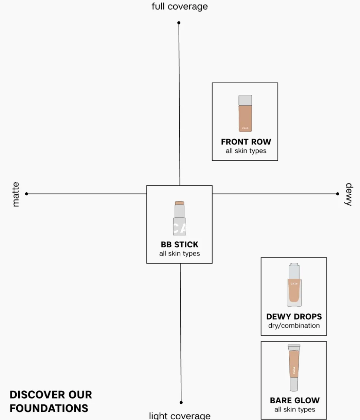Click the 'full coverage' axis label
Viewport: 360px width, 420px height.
180,7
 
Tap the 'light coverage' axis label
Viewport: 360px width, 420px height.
180,416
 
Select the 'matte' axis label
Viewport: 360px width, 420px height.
16,194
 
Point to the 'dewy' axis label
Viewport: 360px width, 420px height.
348,194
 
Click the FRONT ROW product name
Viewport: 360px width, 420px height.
246,142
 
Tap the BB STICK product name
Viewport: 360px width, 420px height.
180,244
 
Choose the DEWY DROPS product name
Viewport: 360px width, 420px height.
294,317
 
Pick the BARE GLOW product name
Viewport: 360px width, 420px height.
295,401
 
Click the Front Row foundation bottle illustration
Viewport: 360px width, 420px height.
245,113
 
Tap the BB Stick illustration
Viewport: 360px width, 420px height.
179,218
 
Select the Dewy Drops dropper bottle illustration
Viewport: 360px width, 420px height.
294,285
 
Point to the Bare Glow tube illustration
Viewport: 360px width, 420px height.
294,368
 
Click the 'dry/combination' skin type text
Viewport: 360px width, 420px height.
294,326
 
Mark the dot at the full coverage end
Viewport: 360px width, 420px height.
179,23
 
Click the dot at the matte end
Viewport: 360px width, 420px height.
26,194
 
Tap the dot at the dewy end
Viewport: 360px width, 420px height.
337,194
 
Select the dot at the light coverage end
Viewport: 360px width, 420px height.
181,402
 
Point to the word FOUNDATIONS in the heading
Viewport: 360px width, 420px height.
49,408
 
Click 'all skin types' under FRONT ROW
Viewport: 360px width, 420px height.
246,151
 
